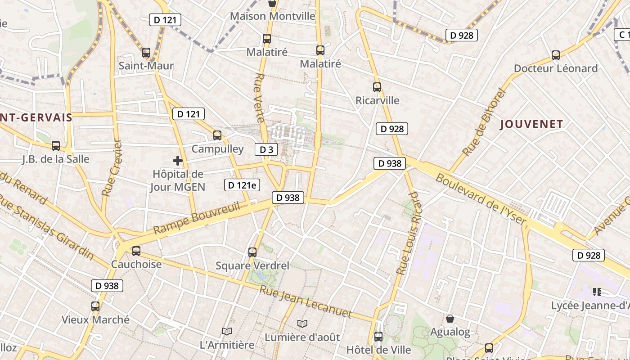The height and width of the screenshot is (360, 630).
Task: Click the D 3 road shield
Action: coord(266,149)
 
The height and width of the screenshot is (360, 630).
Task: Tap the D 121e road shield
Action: coord(242,185)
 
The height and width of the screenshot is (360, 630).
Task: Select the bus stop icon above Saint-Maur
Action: coord(146,53)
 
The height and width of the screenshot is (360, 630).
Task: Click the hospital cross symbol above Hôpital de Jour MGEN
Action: coord(178,160)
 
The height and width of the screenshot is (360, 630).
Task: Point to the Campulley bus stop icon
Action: coord(217,135)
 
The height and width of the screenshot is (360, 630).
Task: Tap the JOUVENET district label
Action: coord(531,125)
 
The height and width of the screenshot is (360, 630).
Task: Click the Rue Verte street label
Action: coord(259,98)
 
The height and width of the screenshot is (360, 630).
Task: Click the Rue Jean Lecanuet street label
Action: coord(305,301)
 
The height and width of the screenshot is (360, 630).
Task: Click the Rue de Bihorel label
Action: coord(484,122)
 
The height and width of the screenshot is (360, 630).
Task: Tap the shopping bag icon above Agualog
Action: coord(450,319)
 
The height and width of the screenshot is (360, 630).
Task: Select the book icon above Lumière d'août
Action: coord(302,324)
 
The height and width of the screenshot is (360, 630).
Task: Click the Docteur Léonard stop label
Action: coord(556,68)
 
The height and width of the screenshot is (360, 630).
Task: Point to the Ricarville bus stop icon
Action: coord(377,87)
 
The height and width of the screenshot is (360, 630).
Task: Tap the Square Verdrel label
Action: coord(252,265)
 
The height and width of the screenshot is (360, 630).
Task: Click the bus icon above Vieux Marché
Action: coord(95,306)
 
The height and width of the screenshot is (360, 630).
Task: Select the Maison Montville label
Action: coord(273,16)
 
